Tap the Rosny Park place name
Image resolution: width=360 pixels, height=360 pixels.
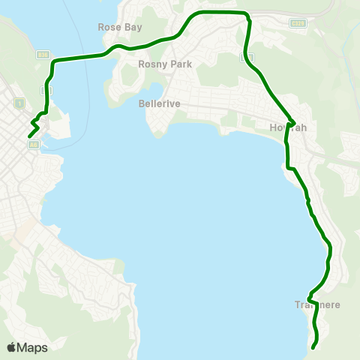(165, 64)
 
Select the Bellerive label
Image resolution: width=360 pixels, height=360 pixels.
(159, 103)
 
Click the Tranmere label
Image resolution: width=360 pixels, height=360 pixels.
(319, 305)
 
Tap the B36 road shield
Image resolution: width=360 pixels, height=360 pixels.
(43, 55)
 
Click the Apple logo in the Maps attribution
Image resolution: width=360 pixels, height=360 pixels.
(11, 347)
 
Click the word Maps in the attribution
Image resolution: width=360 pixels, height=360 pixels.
(32, 347)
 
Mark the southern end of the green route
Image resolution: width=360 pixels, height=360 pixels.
(313, 346)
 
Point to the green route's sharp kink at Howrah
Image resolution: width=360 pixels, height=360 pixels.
(295, 123)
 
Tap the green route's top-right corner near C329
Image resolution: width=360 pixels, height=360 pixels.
(246, 14)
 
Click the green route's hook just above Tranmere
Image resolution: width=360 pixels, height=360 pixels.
(310, 295)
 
